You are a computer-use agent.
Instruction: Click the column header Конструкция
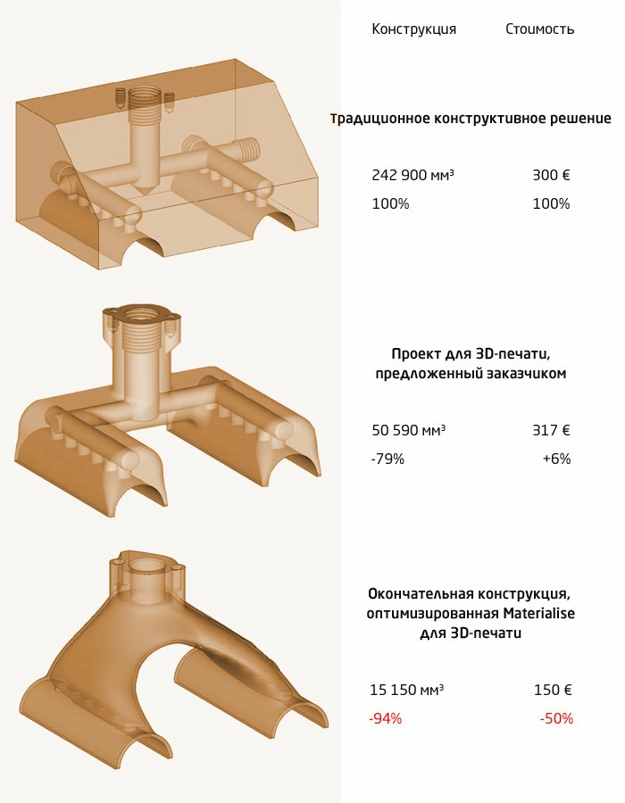(x=414, y=29)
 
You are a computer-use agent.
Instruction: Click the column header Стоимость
(x=539, y=29)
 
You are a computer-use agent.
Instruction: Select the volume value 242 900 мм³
(x=412, y=175)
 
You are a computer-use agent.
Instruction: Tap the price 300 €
(x=551, y=175)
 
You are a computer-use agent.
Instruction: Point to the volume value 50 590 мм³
(x=408, y=430)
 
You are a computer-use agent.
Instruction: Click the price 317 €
(x=551, y=430)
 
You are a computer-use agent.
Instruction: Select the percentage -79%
(x=387, y=459)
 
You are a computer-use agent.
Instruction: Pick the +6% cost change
(x=557, y=459)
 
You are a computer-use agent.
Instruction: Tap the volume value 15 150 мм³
(x=407, y=690)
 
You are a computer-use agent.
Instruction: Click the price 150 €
(x=553, y=690)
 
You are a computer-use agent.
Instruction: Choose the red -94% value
(x=385, y=718)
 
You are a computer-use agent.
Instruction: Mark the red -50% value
(x=556, y=718)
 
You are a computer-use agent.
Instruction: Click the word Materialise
(x=539, y=614)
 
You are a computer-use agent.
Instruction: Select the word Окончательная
(x=420, y=594)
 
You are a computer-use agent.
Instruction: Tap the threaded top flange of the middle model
(x=142, y=317)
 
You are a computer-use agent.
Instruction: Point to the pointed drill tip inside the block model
(x=146, y=188)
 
